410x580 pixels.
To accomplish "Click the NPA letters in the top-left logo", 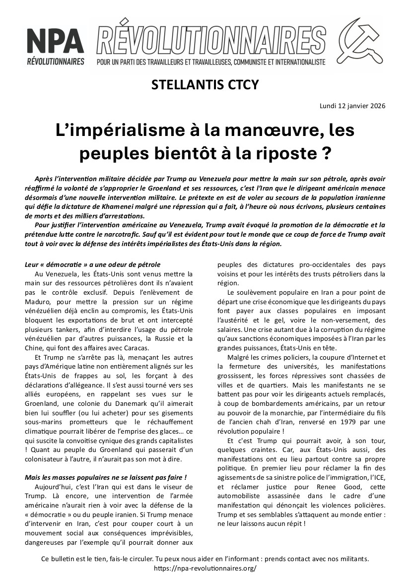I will coord(55,41).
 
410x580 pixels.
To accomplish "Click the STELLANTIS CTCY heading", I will coord(205,85).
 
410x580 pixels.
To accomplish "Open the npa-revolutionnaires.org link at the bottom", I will coord(205,568).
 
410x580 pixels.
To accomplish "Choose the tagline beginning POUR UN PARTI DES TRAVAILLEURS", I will coord(211,63).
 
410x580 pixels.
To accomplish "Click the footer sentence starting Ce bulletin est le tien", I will coord(205,559).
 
